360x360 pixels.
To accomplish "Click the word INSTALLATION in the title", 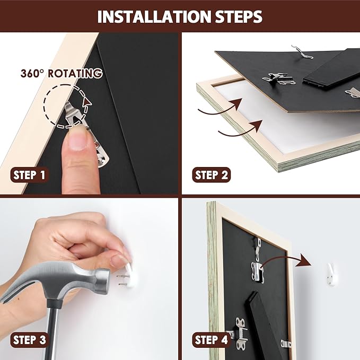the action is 154,16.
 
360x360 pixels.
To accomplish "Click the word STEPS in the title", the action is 239,16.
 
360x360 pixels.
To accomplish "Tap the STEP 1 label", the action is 29,175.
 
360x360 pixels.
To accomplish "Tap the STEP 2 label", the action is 211,175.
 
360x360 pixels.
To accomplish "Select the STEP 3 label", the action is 29,339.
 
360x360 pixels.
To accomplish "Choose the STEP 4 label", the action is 211,339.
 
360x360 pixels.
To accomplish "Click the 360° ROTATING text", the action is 62,73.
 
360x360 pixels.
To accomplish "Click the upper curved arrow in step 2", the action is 221,108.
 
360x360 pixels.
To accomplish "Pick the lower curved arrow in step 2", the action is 241,129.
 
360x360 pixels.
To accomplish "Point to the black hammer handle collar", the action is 55,303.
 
